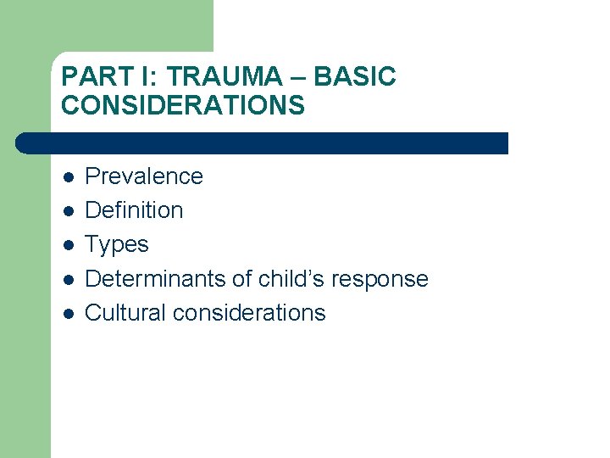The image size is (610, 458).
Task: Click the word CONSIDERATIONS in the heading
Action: click(x=183, y=105)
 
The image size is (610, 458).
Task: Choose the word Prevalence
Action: click(x=144, y=176)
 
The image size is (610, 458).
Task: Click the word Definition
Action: click(x=134, y=210)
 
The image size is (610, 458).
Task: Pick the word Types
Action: click(x=117, y=244)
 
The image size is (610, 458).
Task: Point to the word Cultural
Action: click(x=125, y=312)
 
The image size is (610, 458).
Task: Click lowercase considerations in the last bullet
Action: click(x=249, y=312)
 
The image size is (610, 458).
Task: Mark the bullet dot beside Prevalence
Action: click(x=69, y=177)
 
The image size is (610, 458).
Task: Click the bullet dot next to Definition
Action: click(x=69, y=211)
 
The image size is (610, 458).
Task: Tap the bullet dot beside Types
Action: click(x=69, y=245)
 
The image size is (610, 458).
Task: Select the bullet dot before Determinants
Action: click(x=69, y=279)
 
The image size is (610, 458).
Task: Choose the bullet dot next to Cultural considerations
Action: click(x=69, y=313)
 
